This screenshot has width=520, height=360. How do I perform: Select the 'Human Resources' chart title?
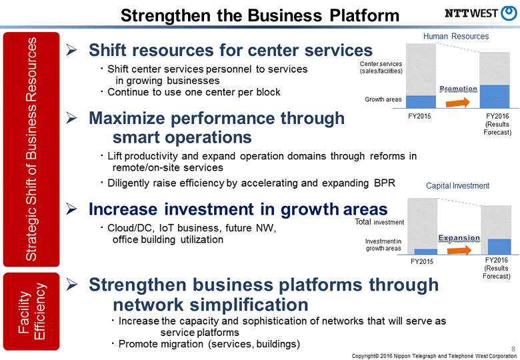click(x=456, y=36)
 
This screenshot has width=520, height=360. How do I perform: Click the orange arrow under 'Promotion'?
click(x=459, y=102)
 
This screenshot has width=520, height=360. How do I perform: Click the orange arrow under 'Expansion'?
click(x=459, y=250)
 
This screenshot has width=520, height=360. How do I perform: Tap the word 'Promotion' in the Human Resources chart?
click(x=459, y=89)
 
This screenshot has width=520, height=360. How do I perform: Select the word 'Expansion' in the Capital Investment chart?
click(x=459, y=238)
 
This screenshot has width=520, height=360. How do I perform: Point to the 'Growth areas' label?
click(x=383, y=100)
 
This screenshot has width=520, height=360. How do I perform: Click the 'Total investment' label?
click(x=379, y=221)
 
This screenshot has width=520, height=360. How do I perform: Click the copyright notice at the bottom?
click(x=434, y=355)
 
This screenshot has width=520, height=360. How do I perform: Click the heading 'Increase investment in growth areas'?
click(x=238, y=209)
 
